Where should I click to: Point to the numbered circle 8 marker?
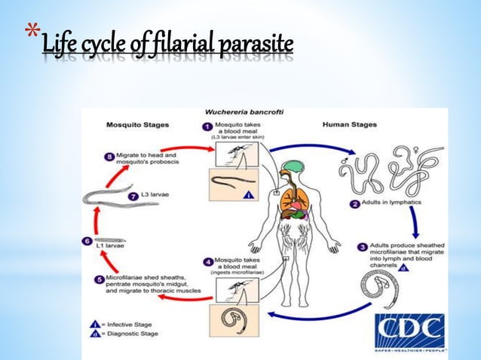click(109, 157)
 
